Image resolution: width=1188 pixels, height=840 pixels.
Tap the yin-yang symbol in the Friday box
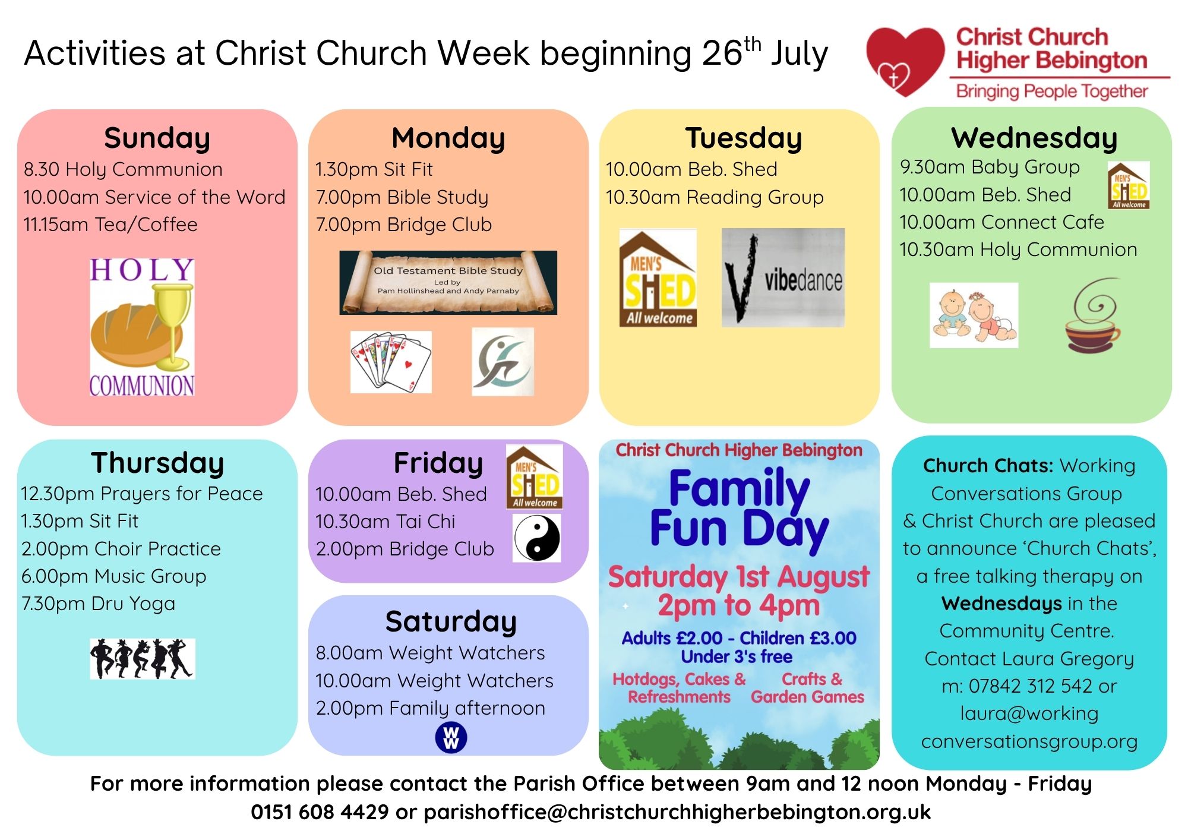pyautogui.click(x=537, y=538)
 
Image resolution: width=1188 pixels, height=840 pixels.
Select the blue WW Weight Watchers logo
pyautogui.click(x=451, y=738)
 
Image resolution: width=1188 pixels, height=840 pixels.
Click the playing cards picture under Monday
pyautogui.click(x=391, y=362)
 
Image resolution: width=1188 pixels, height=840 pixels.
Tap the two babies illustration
pyautogui.click(x=974, y=315)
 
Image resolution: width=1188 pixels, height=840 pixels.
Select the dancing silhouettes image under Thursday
pyautogui.click(x=143, y=659)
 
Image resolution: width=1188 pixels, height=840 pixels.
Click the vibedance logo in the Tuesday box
pyautogui.click(x=783, y=277)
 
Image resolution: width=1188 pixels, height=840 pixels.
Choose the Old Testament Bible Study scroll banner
pyautogui.click(x=448, y=283)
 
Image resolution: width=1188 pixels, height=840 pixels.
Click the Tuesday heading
pyautogui.click(x=744, y=138)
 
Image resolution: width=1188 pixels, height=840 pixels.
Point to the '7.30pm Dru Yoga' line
pyautogui.click(x=99, y=604)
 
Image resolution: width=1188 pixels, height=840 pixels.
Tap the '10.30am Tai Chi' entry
pyautogui.click(x=386, y=522)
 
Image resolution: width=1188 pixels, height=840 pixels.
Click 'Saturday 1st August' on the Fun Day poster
pyautogui.click(x=739, y=577)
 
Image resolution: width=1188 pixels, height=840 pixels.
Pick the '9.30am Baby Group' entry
pyautogui.click(x=990, y=168)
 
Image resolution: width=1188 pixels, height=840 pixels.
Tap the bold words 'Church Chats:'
pyautogui.click(x=988, y=466)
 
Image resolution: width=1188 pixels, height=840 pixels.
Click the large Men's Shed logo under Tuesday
pyautogui.click(x=658, y=278)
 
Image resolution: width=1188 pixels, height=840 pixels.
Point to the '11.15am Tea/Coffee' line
pyautogui.click(x=110, y=225)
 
